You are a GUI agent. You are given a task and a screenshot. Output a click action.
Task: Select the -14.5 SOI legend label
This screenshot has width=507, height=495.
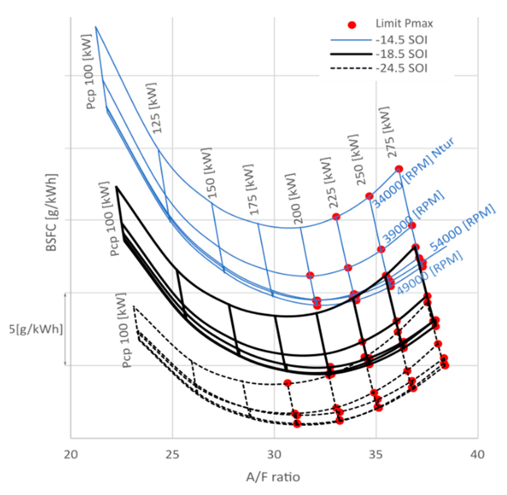(401, 40)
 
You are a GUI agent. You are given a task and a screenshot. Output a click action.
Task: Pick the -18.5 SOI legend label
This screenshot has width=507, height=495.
(401, 54)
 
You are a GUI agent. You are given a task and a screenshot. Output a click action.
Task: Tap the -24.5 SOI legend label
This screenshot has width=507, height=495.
(401, 68)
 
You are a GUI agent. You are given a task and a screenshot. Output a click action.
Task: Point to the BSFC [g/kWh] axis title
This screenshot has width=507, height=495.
(52, 213)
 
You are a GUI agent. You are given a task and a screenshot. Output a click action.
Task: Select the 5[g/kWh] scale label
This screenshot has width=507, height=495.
(36, 329)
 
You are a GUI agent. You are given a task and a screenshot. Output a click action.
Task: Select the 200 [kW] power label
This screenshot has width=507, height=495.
(294, 199)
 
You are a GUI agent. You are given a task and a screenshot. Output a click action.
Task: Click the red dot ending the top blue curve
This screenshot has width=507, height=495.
(399, 169)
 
